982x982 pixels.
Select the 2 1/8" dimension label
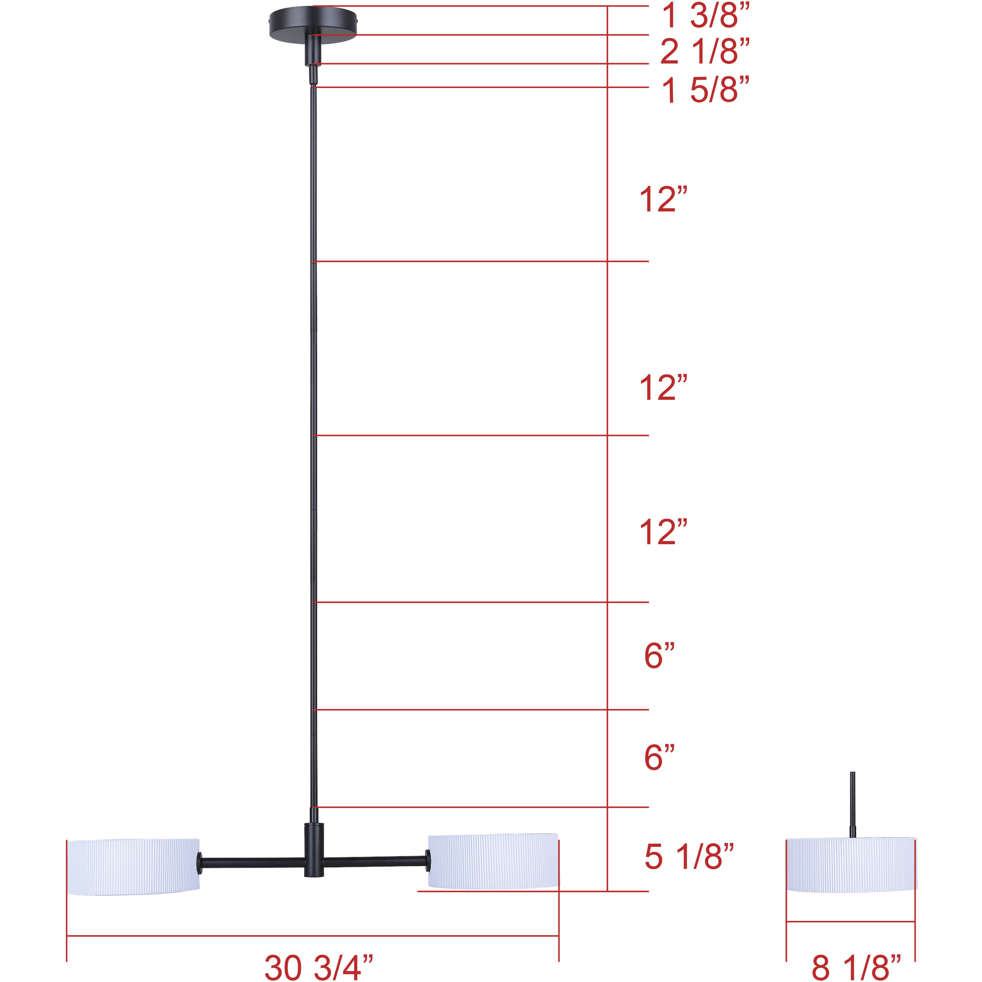click(x=705, y=51)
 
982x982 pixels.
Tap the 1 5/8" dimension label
click(x=705, y=90)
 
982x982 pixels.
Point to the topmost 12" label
click(x=663, y=199)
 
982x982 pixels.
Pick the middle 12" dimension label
click(x=663, y=388)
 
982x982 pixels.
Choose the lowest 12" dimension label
click(x=663, y=533)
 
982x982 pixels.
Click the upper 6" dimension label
click(x=659, y=656)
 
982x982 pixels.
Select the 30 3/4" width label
click(x=319, y=967)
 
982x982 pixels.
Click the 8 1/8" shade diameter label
click(x=856, y=967)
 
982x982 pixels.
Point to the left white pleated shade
click(x=133, y=867)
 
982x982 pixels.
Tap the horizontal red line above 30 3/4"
click(x=313, y=936)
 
